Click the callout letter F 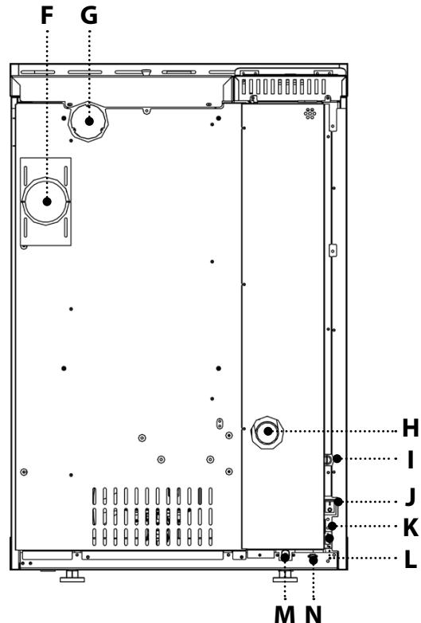[x=47, y=16]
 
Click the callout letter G [x=89, y=16]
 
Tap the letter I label [x=411, y=460]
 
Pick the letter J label [x=411, y=496]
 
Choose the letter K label [x=411, y=527]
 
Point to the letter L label [x=411, y=559]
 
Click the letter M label [x=285, y=614]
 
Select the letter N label [x=314, y=614]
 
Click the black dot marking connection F [x=47, y=202]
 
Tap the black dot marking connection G [x=89, y=121]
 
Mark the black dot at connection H [x=268, y=431]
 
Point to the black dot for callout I [x=337, y=459]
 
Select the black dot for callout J [x=338, y=502]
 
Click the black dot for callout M [x=285, y=558]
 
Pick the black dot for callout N [x=314, y=560]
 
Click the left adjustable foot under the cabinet [x=72, y=576]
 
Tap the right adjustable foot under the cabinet [x=285, y=576]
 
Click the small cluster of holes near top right [x=310, y=114]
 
